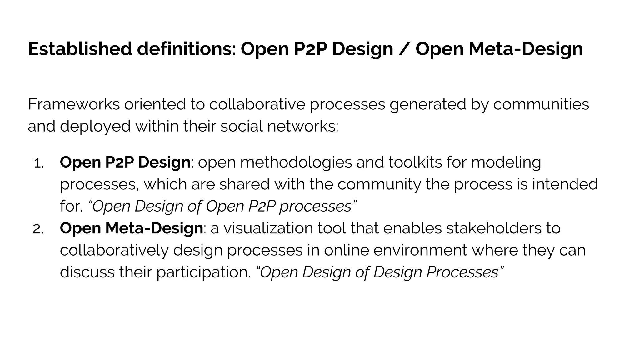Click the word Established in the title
(x=80, y=49)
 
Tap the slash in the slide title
(x=404, y=49)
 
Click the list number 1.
(x=38, y=163)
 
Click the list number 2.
(x=38, y=230)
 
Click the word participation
(x=203, y=273)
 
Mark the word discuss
(x=87, y=272)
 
